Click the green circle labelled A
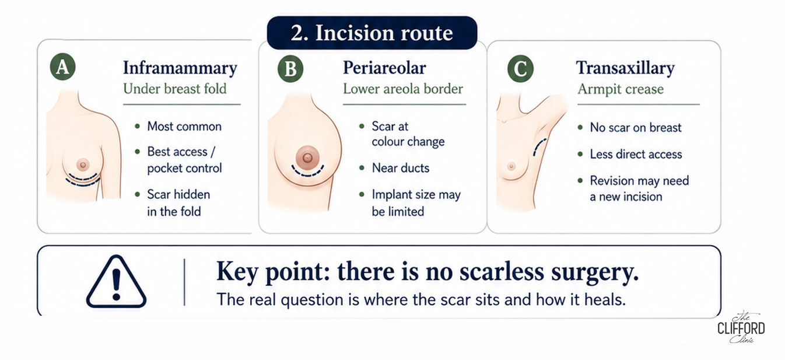[63, 67]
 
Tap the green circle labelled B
[290, 69]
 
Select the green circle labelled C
[520, 69]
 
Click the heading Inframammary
[180, 68]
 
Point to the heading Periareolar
[384, 68]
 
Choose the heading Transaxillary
[626, 68]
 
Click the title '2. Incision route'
[372, 33]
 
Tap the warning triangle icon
[116, 282]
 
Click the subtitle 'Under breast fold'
[175, 89]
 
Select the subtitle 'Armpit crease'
[621, 89]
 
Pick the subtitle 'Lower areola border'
[403, 89]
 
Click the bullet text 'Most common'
[184, 126]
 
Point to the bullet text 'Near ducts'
[401, 168]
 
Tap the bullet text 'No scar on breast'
[636, 127]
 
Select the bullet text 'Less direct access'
[636, 154]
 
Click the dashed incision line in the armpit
[538, 147]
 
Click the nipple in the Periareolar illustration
[307, 158]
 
